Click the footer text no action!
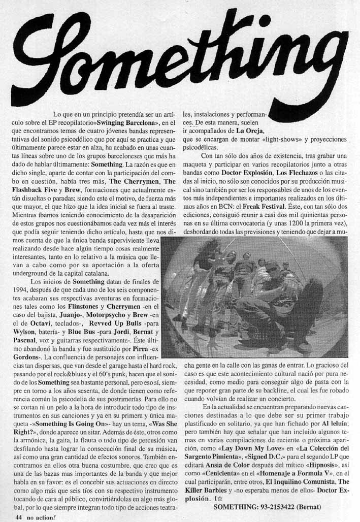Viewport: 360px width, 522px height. [42, 516]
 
